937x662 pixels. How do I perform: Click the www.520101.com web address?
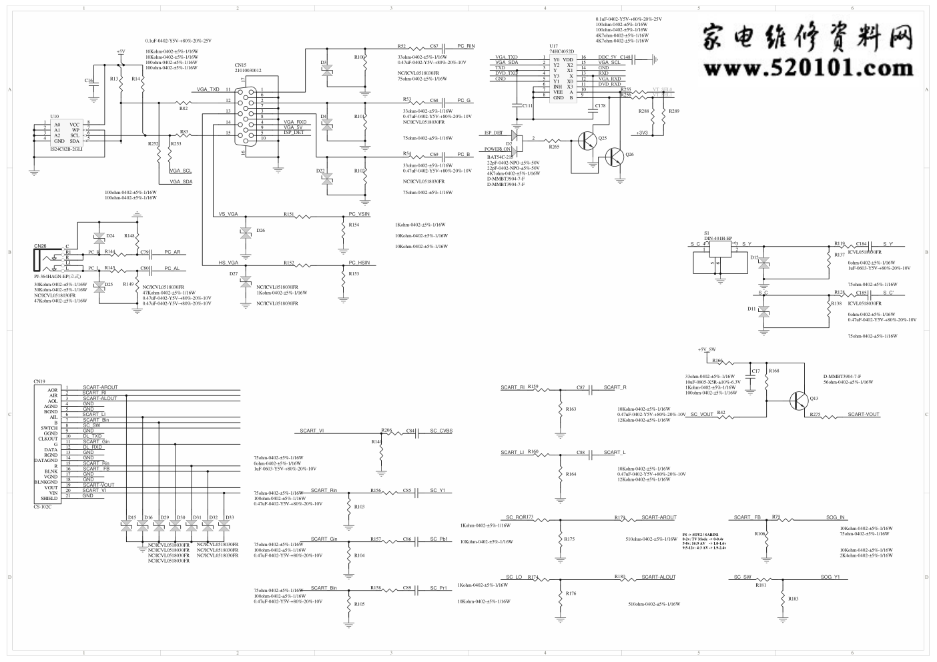[806, 67]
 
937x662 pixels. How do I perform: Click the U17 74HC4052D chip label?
[561, 49]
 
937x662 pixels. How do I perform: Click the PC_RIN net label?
[466, 47]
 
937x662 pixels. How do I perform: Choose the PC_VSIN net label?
[359, 214]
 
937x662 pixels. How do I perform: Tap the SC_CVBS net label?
[440, 431]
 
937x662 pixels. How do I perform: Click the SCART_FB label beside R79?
[747, 517]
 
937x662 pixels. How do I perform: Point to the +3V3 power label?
[642, 133]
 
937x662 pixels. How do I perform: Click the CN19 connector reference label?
[39, 381]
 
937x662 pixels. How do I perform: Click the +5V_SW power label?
[707, 349]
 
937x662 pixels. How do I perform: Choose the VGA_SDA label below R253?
[181, 181]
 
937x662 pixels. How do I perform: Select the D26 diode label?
[260, 230]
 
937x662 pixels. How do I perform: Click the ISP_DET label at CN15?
[294, 133]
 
